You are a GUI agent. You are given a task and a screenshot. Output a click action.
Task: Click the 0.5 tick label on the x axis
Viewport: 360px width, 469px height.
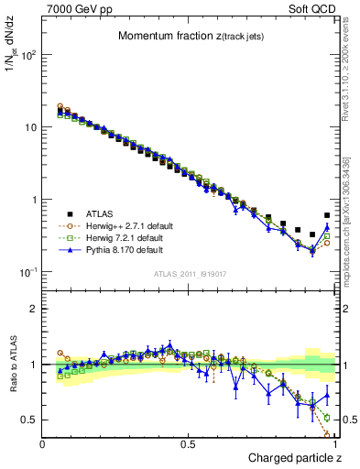[189, 444]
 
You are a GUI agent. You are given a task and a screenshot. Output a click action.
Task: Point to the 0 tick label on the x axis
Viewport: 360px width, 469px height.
[43, 444]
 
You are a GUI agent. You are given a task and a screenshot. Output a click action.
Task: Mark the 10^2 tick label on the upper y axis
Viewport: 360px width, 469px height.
[29, 55]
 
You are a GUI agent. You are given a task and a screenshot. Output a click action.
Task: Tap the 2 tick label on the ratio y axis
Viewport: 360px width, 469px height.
[34, 309]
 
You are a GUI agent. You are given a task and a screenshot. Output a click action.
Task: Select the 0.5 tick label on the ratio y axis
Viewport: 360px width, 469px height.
[30, 420]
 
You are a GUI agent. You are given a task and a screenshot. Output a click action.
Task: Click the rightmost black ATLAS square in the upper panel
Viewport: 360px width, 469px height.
[328, 216]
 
